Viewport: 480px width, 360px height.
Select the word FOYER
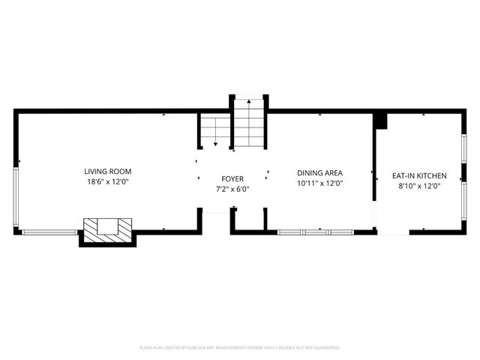[x=232, y=178]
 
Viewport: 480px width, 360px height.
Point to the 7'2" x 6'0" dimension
[x=232, y=189]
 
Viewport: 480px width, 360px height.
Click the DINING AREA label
[x=320, y=172]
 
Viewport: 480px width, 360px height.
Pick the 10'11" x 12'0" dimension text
[x=320, y=182]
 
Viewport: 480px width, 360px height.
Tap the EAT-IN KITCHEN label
[x=420, y=175]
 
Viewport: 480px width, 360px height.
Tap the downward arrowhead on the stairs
[x=215, y=143]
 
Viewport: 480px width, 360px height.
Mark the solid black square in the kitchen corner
[x=379, y=120]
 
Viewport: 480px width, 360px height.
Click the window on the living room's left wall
[x=16, y=198]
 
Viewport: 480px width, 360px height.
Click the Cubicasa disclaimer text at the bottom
[x=240, y=348]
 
